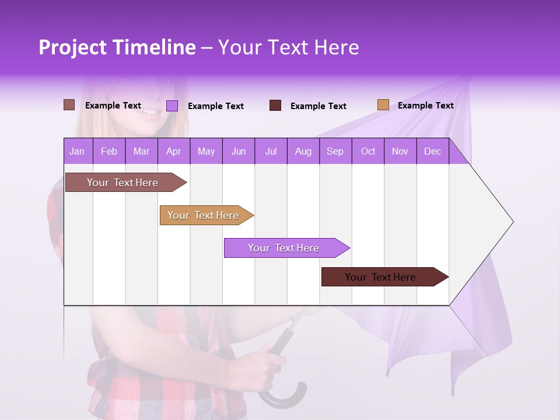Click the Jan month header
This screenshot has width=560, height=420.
pos(78,151)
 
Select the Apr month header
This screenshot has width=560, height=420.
pos(174,151)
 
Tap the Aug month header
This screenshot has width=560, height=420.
pos(303,151)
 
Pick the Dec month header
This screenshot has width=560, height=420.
pos(432,151)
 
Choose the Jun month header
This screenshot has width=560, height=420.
pos(239,151)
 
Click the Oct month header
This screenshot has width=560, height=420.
pos(368,151)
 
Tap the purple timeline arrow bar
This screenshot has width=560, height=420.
pos(284,248)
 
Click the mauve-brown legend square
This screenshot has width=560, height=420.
pos(69,105)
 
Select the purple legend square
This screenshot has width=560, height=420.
pos(172,106)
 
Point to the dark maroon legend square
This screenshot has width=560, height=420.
pos(275,106)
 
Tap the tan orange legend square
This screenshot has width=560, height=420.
pos(383,105)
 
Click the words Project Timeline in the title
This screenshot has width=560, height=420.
pos(117,47)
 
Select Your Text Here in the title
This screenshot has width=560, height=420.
pos(288,47)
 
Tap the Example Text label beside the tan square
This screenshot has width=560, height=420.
pos(425,106)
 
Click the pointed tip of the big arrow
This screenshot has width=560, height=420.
pos(512,222)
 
